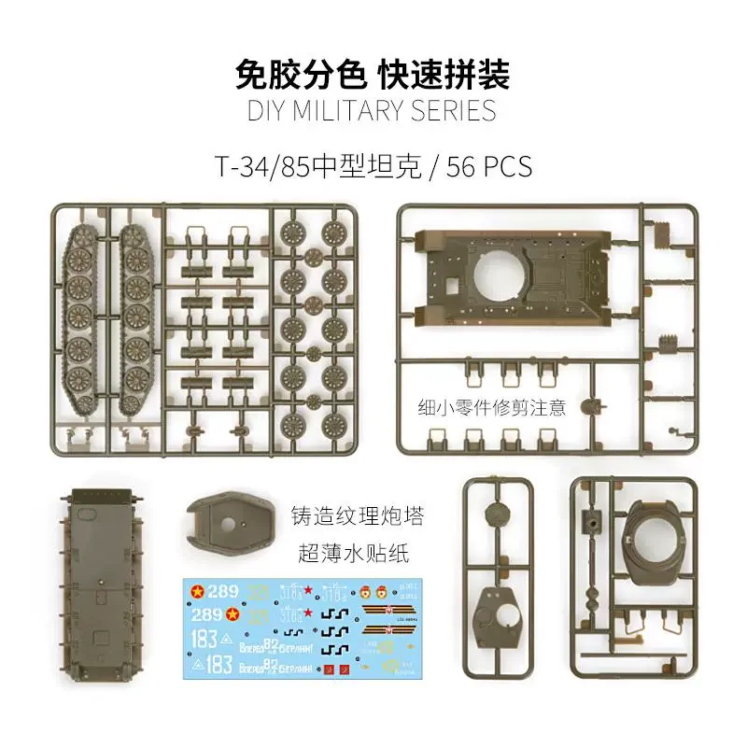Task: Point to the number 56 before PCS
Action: [x=462, y=166]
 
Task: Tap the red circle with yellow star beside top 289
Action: [x=198, y=590]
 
